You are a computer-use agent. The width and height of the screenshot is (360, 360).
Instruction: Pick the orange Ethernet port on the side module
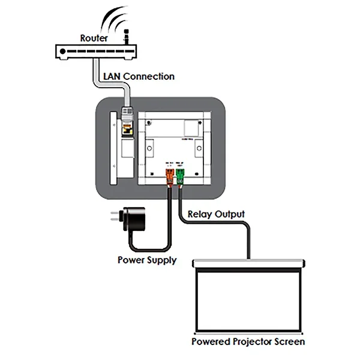click(x=127, y=128)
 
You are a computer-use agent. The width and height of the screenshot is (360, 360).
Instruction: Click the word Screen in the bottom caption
click(x=290, y=341)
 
